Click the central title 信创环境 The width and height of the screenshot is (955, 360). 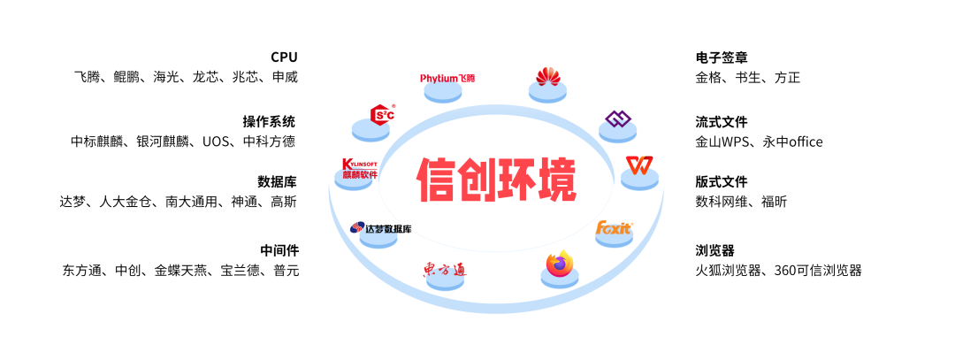click(x=497, y=180)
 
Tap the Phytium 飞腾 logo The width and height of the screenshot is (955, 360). click(x=448, y=79)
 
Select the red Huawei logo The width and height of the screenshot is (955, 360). click(x=548, y=77)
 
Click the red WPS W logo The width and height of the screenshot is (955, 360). click(x=638, y=165)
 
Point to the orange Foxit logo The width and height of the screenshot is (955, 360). click(x=614, y=228)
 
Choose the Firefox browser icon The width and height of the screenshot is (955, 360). click(x=559, y=265)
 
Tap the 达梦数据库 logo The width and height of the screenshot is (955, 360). click(x=380, y=228)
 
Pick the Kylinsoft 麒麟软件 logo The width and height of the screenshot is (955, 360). click(x=360, y=169)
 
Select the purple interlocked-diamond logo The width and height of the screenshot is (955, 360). click(x=616, y=119)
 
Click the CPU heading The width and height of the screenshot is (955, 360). click(x=284, y=57)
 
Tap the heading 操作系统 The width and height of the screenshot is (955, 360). click(x=270, y=122)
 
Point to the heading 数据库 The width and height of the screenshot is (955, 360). click(x=277, y=181)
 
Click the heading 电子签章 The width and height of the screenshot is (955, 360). click(x=722, y=57)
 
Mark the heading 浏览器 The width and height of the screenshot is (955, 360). click(x=714, y=250)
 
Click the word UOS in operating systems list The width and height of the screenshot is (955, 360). click(x=217, y=142)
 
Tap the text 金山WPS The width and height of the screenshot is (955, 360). click(x=722, y=142)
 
